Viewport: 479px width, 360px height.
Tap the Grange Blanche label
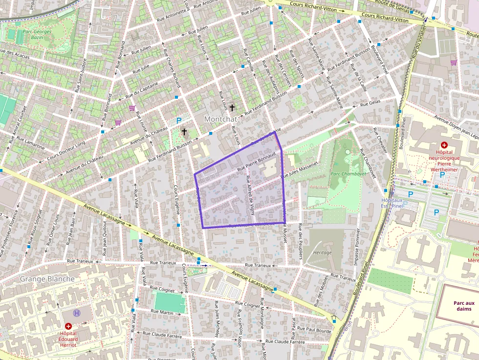pos(47,279)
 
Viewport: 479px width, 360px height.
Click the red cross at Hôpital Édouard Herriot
pos(68,326)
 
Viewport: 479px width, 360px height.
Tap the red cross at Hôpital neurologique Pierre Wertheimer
pos(444,145)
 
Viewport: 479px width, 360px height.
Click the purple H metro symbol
pos(76,313)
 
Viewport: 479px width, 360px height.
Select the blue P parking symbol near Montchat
pos(179,121)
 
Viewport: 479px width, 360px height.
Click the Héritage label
pos(322,253)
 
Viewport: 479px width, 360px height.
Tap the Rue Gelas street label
pos(370,103)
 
